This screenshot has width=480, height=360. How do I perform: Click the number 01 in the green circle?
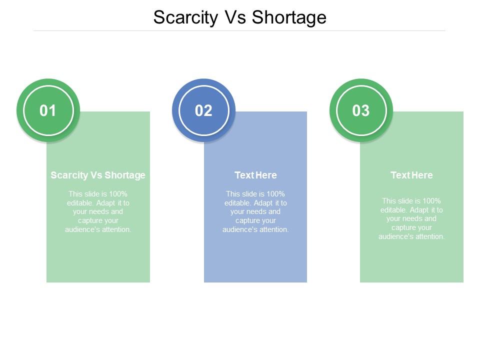(x=48, y=110)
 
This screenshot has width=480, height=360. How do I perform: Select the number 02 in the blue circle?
(x=203, y=110)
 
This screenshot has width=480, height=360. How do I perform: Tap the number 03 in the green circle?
(x=360, y=110)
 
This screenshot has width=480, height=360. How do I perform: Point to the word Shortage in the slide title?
(x=289, y=17)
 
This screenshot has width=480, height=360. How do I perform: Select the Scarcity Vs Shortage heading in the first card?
(x=98, y=175)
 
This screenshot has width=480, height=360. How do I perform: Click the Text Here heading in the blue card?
(x=255, y=175)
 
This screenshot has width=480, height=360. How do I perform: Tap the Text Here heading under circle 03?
(x=411, y=175)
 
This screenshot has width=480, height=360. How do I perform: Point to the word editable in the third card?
(x=393, y=210)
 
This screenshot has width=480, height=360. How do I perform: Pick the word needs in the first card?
(x=99, y=211)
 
